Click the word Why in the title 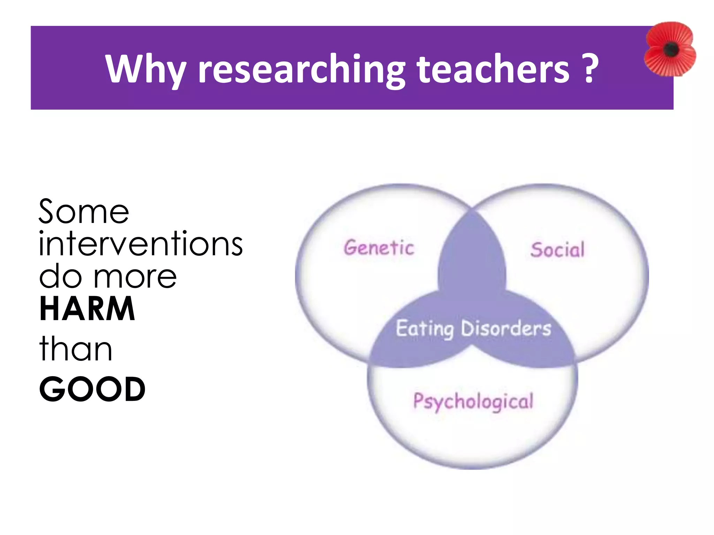tap(146, 69)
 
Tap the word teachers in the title tap(493, 69)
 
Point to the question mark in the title tap(590, 68)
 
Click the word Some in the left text tap(84, 212)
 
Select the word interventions tap(140, 244)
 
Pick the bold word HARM tap(87, 309)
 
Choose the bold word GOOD tap(92, 389)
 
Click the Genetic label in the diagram tap(379, 248)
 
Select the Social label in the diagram tap(557, 250)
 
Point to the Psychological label tap(473, 402)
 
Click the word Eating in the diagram tap(425, 329)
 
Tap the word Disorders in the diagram tap(506, 328)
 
